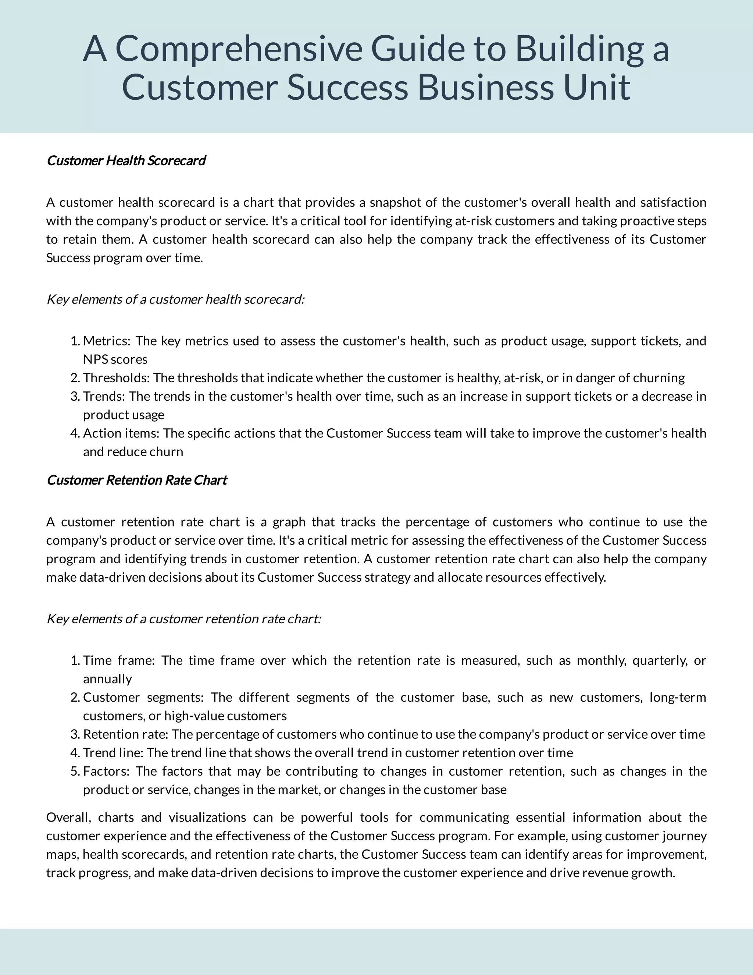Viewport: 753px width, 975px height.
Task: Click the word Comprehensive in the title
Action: coord(238,49)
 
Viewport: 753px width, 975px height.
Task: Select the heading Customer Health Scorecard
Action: coord(126,161)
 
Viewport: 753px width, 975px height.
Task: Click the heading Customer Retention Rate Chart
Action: coord(136,480)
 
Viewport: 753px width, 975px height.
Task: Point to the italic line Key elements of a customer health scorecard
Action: coord(175,299)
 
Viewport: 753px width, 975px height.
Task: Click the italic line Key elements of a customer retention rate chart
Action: coord(184,619)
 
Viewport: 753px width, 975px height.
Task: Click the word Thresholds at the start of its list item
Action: coord(117,378)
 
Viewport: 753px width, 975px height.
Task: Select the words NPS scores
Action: coord(115,359)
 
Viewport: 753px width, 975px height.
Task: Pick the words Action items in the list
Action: coord(121,433)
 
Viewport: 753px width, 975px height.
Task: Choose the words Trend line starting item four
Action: coord(113,753)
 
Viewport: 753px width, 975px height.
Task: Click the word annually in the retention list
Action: coord(107,679)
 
